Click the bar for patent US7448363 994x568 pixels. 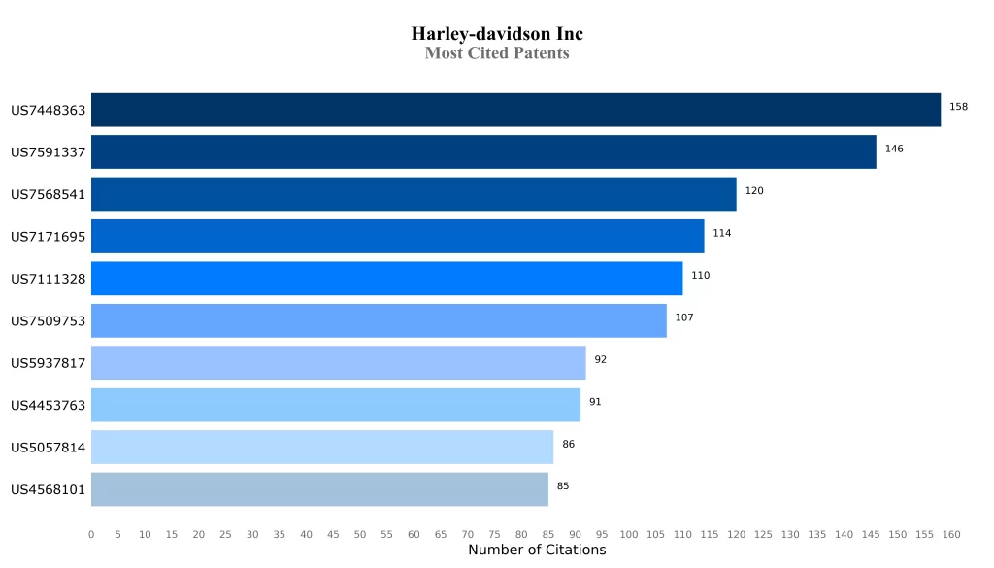click(x=515, y=110)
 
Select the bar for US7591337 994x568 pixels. click(x=483, y=152)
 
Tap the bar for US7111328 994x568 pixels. click(x=386, y=279)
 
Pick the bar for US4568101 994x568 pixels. click(x=319, y=489)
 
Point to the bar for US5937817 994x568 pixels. click(x=338, y=363)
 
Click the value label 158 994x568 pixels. click(x=958, y=107)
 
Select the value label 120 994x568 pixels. click(x=754, y=191)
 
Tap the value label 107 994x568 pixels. click(x=684, y=317)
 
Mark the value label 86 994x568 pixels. click(x=568, y=444)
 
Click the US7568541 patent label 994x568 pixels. click(x=49, y=194)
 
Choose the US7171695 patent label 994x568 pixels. click(x=49, y=237)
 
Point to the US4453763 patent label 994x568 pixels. click(x=49, y=406)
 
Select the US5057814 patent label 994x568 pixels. click(x=49, y=448)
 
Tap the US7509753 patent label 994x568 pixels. click(x=49, y=321)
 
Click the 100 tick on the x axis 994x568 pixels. click(x=629, y=534)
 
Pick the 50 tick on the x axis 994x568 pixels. click(x=360, y=534)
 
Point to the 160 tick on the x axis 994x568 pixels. click(x=951, y=534)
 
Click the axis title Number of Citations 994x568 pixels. click(x=537, y=551)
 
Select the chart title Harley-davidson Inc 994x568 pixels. click(x=497, y=34)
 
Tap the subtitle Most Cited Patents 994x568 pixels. click(x=497, y=53)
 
